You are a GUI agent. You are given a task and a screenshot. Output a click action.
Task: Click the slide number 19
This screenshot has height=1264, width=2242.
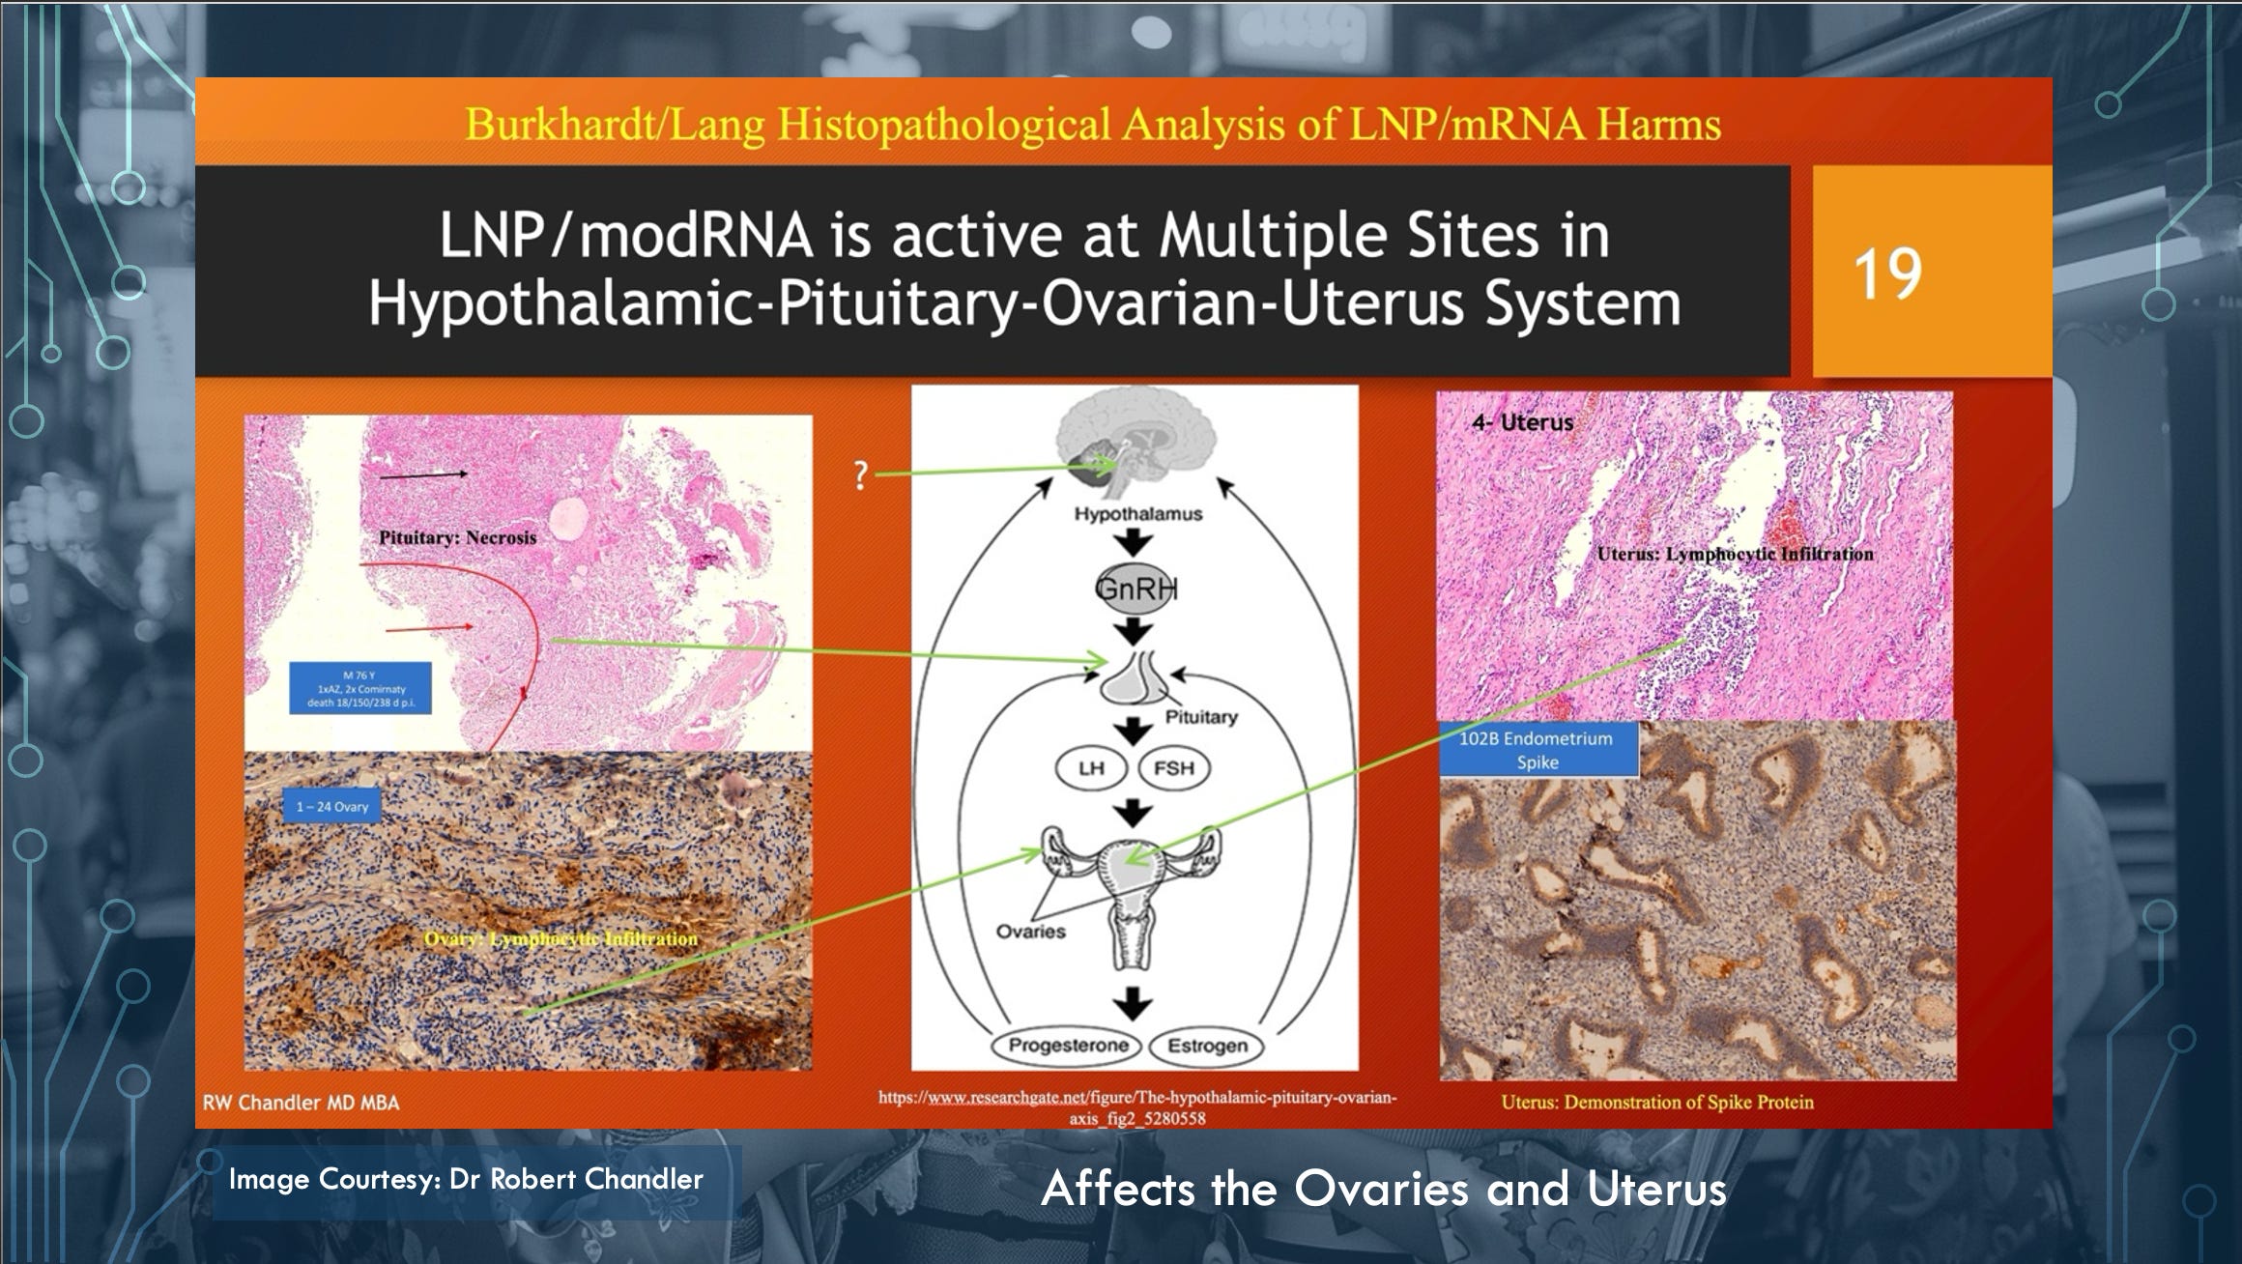click(x=1887, y=274)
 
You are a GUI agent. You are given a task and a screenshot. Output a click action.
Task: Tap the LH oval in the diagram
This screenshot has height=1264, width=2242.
click(x=1091, y=768)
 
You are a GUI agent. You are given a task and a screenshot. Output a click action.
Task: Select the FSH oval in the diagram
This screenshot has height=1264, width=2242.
click(x=1173, y=768)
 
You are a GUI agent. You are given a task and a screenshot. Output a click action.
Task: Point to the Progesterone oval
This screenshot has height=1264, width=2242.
click(x=1068, y=1046)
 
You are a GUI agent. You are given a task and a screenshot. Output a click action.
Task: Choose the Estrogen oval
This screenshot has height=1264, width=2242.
click(x=1206, y=1046)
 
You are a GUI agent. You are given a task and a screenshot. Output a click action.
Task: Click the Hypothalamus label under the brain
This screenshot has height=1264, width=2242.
click(x=1137, y=514)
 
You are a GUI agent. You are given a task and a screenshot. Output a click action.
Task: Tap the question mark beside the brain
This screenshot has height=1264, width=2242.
click(x=860, y=475)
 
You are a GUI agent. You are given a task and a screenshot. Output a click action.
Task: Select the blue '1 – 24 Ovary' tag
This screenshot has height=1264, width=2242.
click(x=331, y=807)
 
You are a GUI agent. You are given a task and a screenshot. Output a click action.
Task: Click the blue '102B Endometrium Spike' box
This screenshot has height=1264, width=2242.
click(x=1537, y=750)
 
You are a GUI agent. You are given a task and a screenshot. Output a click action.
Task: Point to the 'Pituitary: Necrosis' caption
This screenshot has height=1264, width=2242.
click(x=457, y=537)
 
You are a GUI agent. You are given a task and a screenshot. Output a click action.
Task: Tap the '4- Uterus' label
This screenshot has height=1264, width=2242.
click(x=1522, y=422)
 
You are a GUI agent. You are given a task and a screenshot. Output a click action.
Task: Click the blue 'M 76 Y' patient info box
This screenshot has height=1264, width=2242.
click(x=359, y=688)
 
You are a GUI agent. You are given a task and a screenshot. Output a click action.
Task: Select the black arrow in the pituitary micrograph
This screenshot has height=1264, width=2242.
click(x=423, y=474)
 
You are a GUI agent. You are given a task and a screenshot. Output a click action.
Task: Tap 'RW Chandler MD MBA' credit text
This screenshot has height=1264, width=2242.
click(x=301, y=1103)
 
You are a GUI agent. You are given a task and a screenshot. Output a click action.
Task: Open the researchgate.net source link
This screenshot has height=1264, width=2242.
click(x=1136, y=1107)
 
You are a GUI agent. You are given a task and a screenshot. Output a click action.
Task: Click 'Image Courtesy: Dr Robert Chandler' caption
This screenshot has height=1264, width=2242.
click(x=466, y=1180)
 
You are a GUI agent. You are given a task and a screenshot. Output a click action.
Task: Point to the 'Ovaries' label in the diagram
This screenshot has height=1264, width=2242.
click(x=1030, y=932)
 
